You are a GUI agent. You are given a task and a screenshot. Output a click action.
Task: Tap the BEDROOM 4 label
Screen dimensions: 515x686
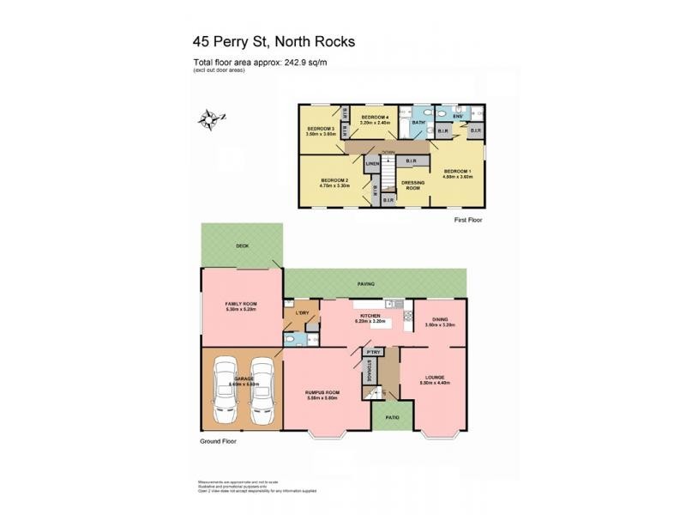coord(376,117)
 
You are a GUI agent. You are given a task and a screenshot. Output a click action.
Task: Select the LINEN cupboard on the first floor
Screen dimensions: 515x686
coord(372,163)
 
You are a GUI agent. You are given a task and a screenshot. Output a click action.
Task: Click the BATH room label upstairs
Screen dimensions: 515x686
coord(418,124)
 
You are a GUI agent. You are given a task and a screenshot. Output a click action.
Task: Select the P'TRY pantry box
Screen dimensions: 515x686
coord(372,353)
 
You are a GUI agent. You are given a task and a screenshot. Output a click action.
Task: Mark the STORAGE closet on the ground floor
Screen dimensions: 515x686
coord(370,371)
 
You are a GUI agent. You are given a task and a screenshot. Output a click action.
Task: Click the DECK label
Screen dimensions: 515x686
coord(243,246)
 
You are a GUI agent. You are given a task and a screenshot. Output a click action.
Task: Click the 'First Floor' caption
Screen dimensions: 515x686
coord(470,221)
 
